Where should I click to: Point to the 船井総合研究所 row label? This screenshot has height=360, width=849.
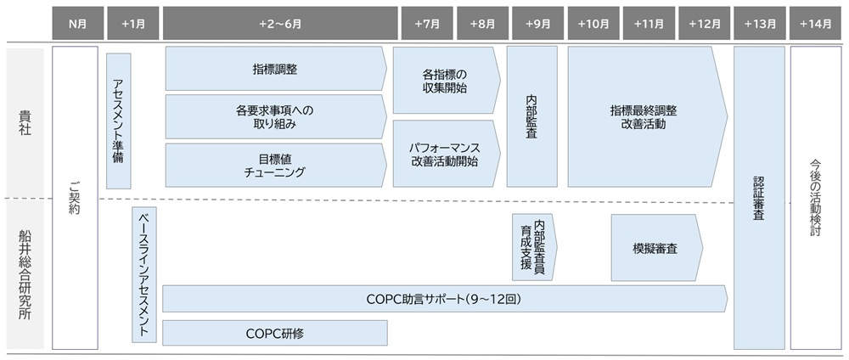click(24, 275)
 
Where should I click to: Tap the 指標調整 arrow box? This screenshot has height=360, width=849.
click(274, 69)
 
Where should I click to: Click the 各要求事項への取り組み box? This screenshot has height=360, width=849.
click(274, 117)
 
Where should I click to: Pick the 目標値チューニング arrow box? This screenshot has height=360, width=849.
click(274, 165)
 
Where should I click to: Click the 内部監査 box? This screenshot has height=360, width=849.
click(532, 116)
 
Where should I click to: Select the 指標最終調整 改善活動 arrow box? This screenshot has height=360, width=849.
click(644, 116)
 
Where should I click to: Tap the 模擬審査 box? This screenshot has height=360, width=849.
click(655, 247)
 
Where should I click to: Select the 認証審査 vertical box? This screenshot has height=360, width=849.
click(758, 197)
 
